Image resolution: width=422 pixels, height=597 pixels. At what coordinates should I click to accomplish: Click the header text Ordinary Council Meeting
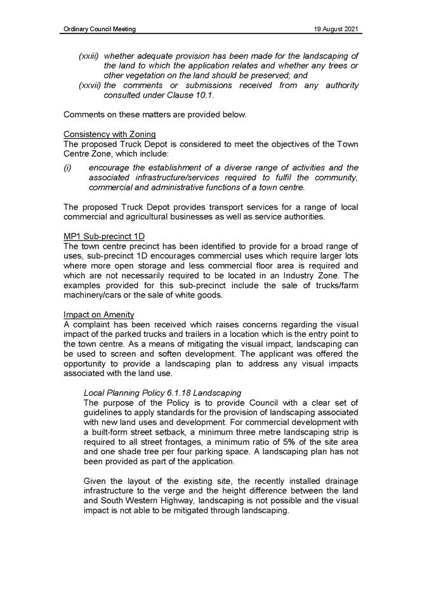[x=99, y=30]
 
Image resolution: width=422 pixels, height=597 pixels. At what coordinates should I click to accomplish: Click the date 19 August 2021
[x=339, y=30]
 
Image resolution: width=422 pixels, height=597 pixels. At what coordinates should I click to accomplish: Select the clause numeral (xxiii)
[x=88, y=58]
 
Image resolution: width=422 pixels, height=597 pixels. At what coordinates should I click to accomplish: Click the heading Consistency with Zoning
[x=110, y=134]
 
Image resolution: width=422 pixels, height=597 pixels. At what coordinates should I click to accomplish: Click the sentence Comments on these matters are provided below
[x=154, y=115]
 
